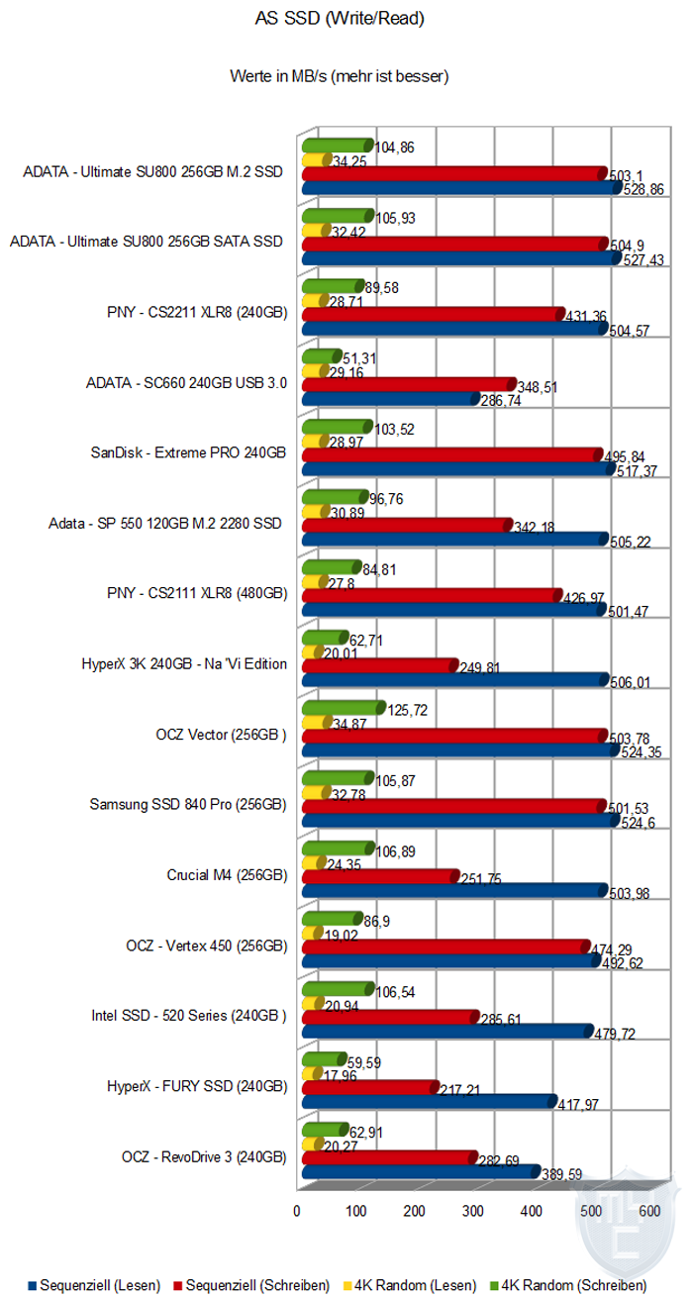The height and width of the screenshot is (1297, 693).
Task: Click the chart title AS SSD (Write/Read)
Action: [345, 18]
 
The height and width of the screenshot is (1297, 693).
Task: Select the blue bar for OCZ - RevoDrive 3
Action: [420, 1170]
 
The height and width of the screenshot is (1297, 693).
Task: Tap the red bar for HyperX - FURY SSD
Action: [368, 1087]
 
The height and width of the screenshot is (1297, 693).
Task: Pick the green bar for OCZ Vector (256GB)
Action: [342, 707]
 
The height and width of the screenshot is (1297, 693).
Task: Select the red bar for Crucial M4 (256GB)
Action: [379, 875]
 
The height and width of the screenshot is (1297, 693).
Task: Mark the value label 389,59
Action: [561, 1175]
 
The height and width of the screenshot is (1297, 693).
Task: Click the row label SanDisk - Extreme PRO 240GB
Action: [188, 453]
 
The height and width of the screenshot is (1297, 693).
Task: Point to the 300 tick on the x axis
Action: [473, 1211]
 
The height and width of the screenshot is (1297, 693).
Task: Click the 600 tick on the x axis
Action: [649, 1211]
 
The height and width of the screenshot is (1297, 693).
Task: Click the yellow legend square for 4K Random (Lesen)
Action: [344, 1285]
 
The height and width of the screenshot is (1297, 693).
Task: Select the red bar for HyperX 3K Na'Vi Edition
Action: [378, 665]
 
